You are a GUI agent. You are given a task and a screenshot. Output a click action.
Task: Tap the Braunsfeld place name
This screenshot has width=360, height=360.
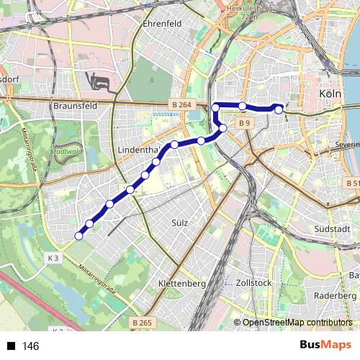(x=76, y=106)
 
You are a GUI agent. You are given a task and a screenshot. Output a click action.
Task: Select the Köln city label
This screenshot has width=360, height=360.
(x=329, y=94)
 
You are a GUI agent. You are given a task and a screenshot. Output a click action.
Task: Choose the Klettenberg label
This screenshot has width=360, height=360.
(x=181, y=284)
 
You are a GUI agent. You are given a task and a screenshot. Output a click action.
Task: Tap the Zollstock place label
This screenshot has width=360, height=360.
(x=254, y=283)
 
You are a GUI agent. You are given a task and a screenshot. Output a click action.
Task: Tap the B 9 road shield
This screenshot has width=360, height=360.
(x=245, y=123)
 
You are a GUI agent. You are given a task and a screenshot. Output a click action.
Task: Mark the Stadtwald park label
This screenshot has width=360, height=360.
(x=66, y=153)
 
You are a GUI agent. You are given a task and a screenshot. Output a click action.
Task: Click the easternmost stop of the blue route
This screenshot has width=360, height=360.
(x=279, y=109)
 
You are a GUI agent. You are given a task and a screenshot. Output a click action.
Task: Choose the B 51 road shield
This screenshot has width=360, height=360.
(x=352, y=184)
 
